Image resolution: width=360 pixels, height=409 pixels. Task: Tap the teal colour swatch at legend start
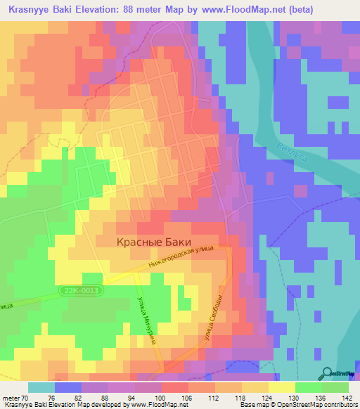[41, 387]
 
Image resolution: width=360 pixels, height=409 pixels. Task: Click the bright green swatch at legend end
[335, 387]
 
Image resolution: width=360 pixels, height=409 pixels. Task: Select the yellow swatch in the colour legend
[281, 387]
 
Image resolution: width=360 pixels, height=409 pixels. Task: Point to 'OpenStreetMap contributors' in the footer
[310, 405]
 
